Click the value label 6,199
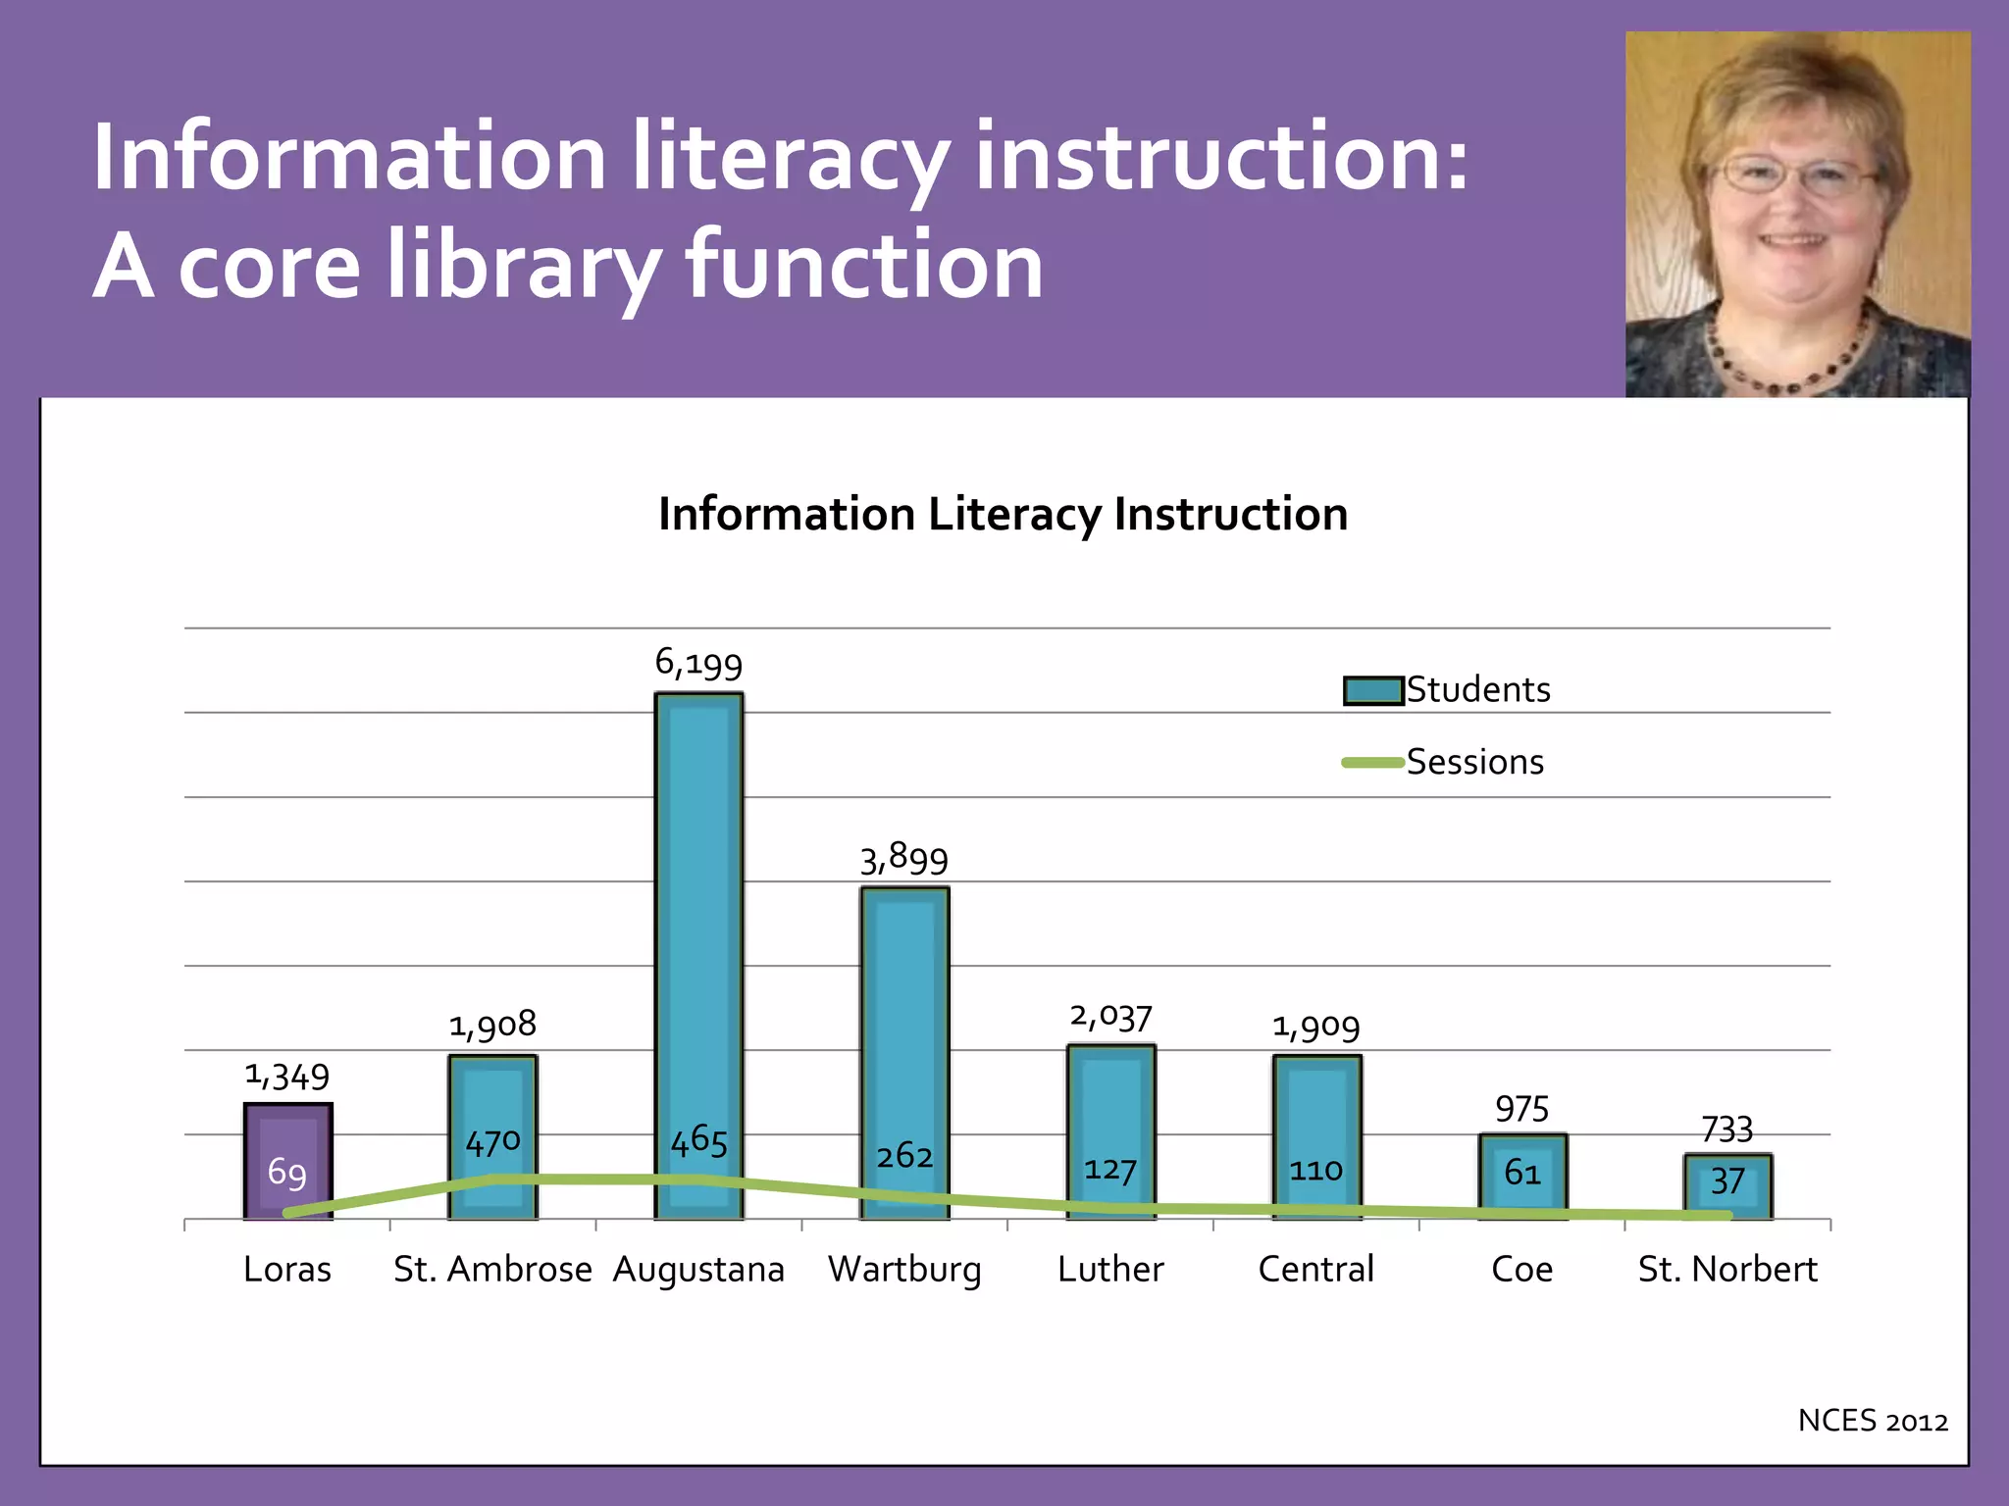coord(698,664)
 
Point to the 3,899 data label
coord(904,859)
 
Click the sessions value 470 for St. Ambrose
coord(492,1142)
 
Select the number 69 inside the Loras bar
coord(287,1173)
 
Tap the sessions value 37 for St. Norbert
coord(1727,1180)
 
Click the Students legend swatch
coord(1373,690)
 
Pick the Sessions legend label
coord(1474,762)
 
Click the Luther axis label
coord(1110,1269)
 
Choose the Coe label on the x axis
coord(1521,1269)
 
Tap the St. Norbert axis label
coord(1727,1269)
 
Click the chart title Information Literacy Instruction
coord(1003,514)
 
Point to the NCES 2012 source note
coord(1872,1421)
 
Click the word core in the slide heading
coord(270,267)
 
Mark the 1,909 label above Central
coord(1316,1027)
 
